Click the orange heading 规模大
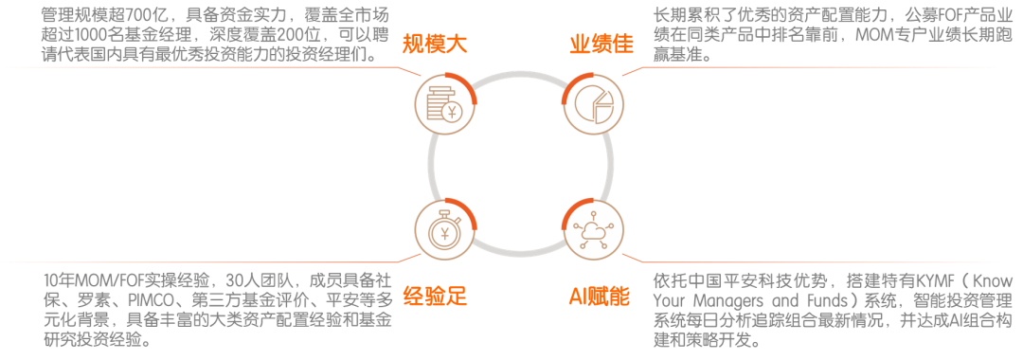[433, 44]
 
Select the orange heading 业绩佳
[601, 44]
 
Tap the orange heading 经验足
[435, 297]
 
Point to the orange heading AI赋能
[599, 297]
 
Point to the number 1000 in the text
[93, 37]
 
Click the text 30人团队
[253, 281]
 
